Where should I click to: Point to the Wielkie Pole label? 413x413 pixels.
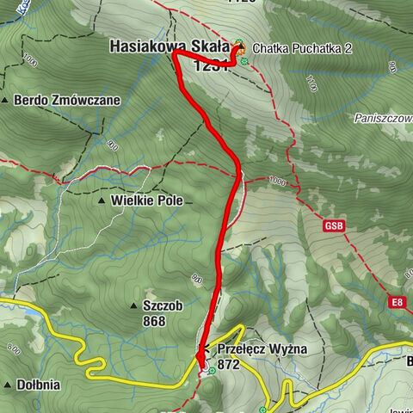145,200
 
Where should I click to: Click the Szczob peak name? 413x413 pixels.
163,305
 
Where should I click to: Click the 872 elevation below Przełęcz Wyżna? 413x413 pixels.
230,364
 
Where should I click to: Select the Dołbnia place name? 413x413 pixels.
38,385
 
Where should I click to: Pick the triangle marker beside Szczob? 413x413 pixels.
134,306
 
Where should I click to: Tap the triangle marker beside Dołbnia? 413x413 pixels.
7,385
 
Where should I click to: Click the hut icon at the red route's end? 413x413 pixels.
240,47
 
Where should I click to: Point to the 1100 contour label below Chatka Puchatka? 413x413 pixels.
311,84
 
